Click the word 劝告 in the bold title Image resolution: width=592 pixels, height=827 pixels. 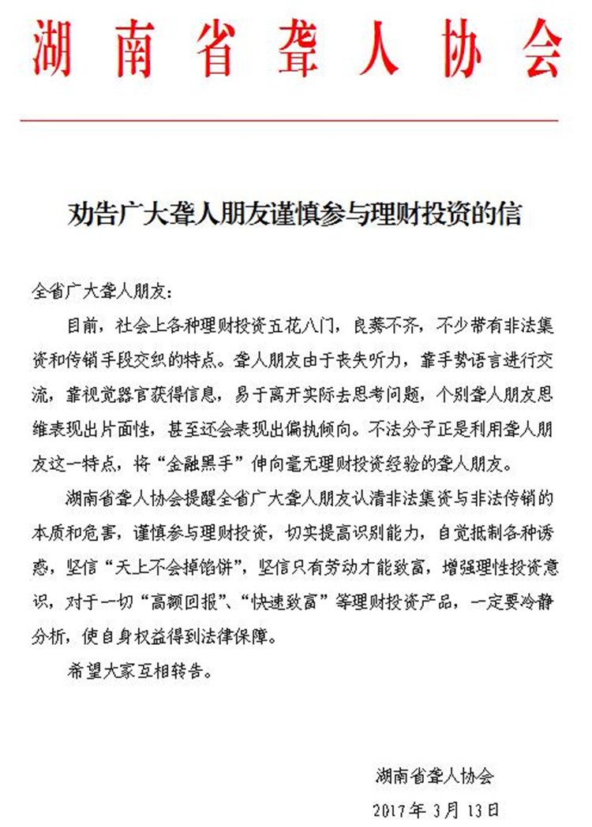(x=83, y=214)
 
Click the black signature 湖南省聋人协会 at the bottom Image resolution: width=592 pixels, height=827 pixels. (x=433, y=777)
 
